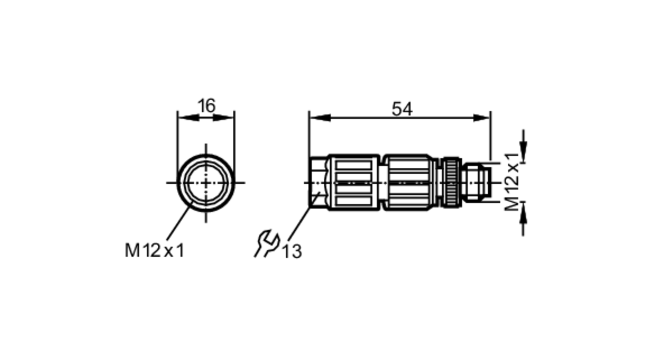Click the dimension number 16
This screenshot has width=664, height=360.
207,106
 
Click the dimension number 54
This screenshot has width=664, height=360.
402,109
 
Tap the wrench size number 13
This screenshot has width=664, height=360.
292,251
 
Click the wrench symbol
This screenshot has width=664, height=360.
267,243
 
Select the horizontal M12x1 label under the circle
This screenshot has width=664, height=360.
154,250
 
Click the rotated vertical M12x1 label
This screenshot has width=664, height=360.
512,182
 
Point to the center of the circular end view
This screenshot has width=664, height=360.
206,183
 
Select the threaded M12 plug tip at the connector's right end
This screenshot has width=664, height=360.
478,182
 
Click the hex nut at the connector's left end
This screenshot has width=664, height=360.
318,182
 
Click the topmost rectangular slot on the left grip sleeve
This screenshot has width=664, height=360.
353,165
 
